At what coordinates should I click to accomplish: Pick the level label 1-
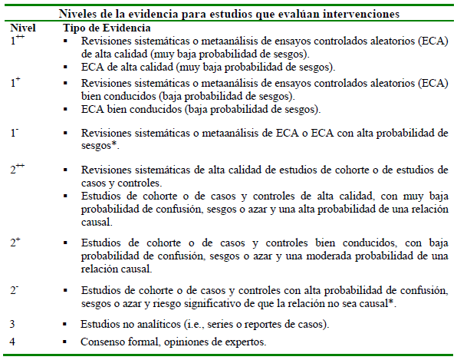pyautogui.click(x=15, y=132)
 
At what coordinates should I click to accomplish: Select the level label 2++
pyautogui.click(x=18, y=169)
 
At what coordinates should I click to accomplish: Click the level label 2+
pyautogui.click(x=15, y=243)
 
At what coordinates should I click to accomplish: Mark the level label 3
pyautogui.click(x=13, y=325)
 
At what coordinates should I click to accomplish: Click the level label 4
pyautogui.click(x=13, y=341)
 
